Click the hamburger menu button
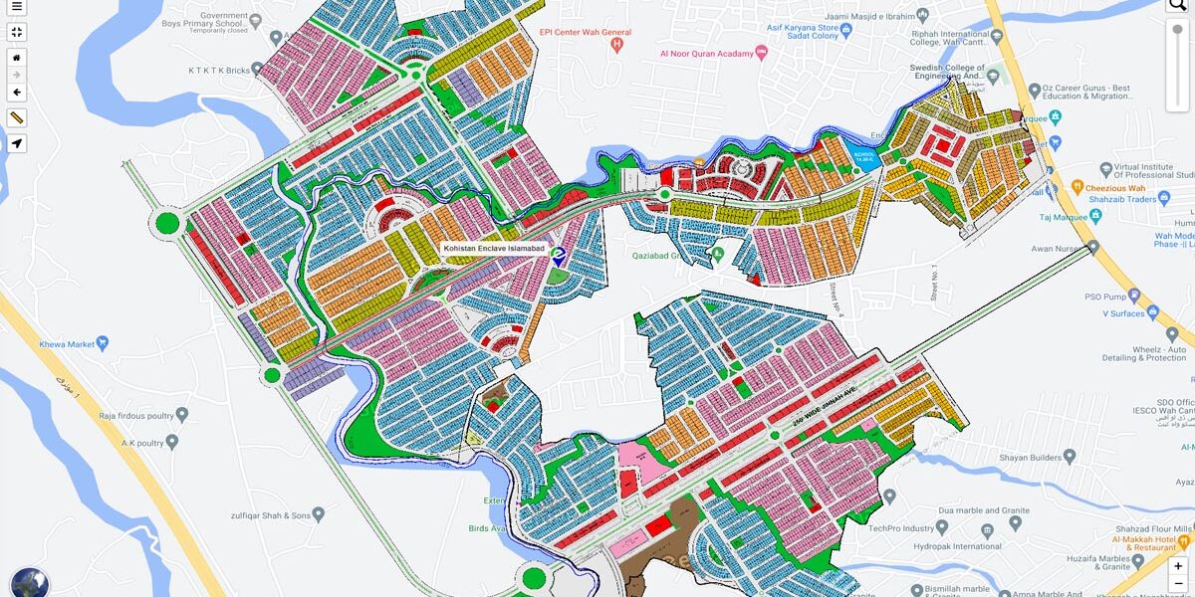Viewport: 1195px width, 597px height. pos(17,7)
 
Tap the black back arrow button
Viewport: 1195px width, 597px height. pos(17,93)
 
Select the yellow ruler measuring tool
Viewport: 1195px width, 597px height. pos(17,118)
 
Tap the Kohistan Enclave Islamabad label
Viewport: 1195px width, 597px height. pos(495,248)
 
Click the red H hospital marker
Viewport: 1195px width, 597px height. pos(617,44)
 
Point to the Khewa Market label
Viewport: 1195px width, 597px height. pos(67,344)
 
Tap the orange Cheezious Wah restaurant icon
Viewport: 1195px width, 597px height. pos(1076,185)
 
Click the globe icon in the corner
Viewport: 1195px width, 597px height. pos(30,583)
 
